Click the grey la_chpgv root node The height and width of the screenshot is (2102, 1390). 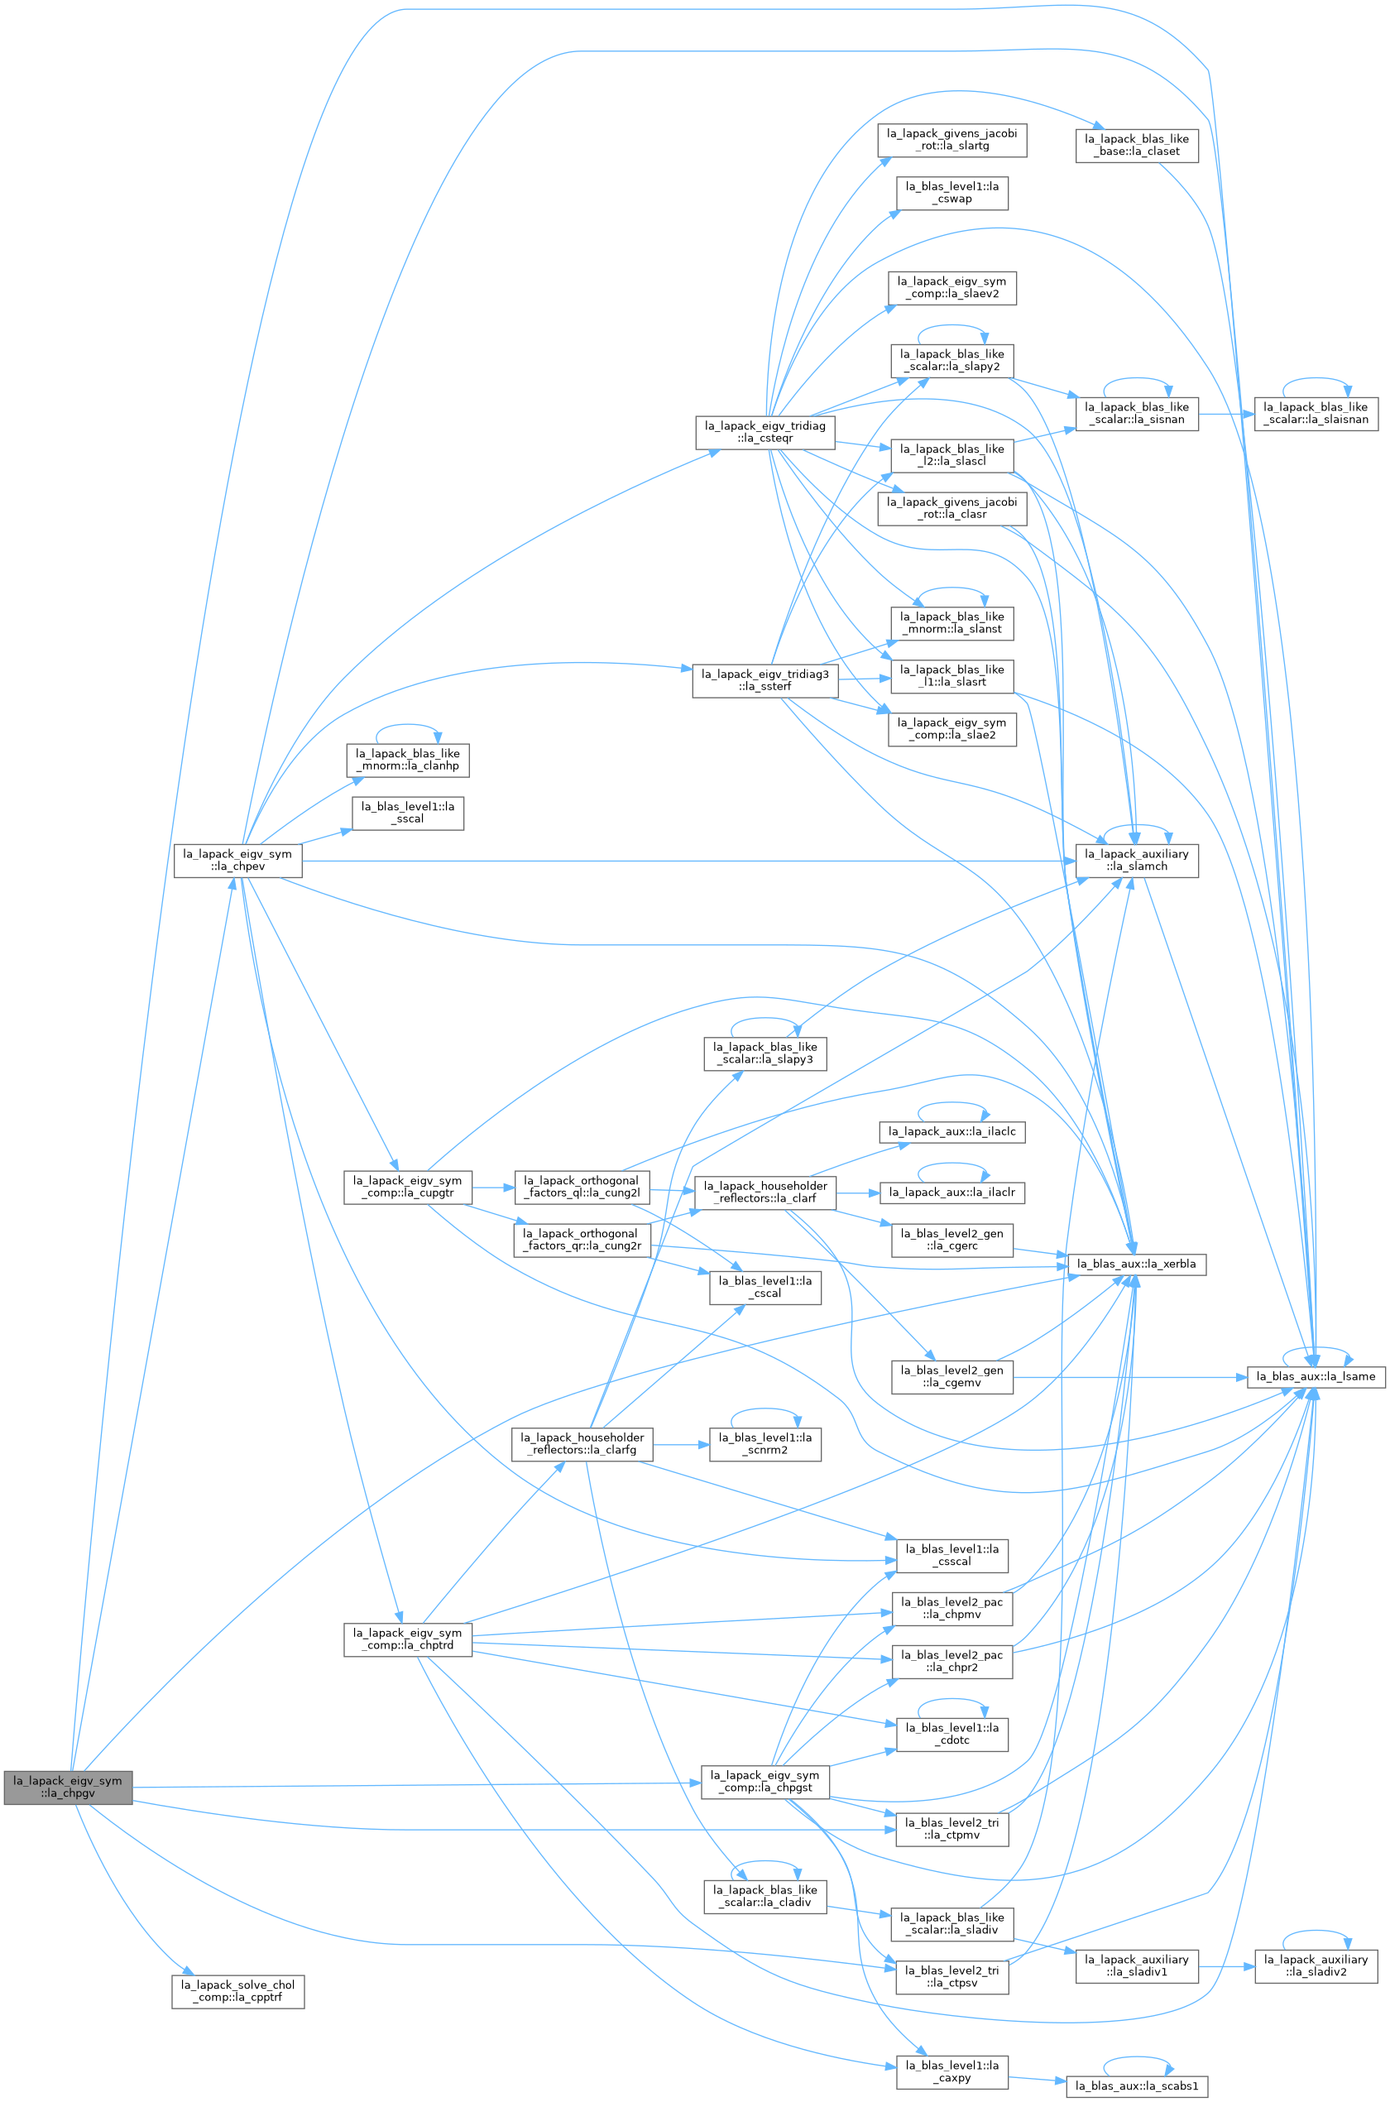68,1787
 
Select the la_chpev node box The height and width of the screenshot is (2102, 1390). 237,860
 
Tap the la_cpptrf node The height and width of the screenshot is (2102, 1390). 237,1991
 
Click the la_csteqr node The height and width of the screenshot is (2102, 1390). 764,432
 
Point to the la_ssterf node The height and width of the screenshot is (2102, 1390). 765,680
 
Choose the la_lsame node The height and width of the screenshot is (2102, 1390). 1316,1377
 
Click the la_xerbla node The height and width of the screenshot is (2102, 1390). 1138,1264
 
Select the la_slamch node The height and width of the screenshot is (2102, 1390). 1137,860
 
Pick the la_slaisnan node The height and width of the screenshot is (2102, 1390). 1316,413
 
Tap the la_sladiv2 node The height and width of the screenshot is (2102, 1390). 1316,1965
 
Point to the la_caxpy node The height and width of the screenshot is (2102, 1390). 952,2071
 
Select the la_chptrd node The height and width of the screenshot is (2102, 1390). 408,1639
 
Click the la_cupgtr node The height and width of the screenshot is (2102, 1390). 408,1186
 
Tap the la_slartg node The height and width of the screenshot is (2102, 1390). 952,140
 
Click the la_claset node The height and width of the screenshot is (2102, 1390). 1137,146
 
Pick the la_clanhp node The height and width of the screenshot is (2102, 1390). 408,760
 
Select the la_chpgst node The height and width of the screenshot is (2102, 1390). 765,1781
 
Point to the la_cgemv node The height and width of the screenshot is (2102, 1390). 952,1377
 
